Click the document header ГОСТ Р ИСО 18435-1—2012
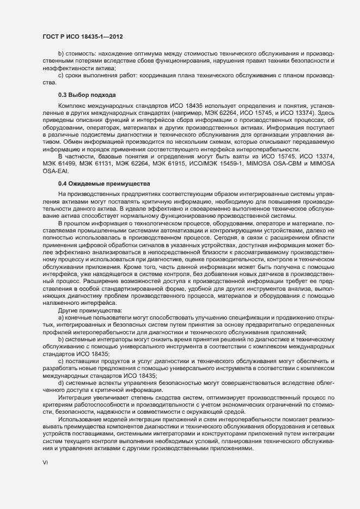pyautogui.click(x=82, y=36)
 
